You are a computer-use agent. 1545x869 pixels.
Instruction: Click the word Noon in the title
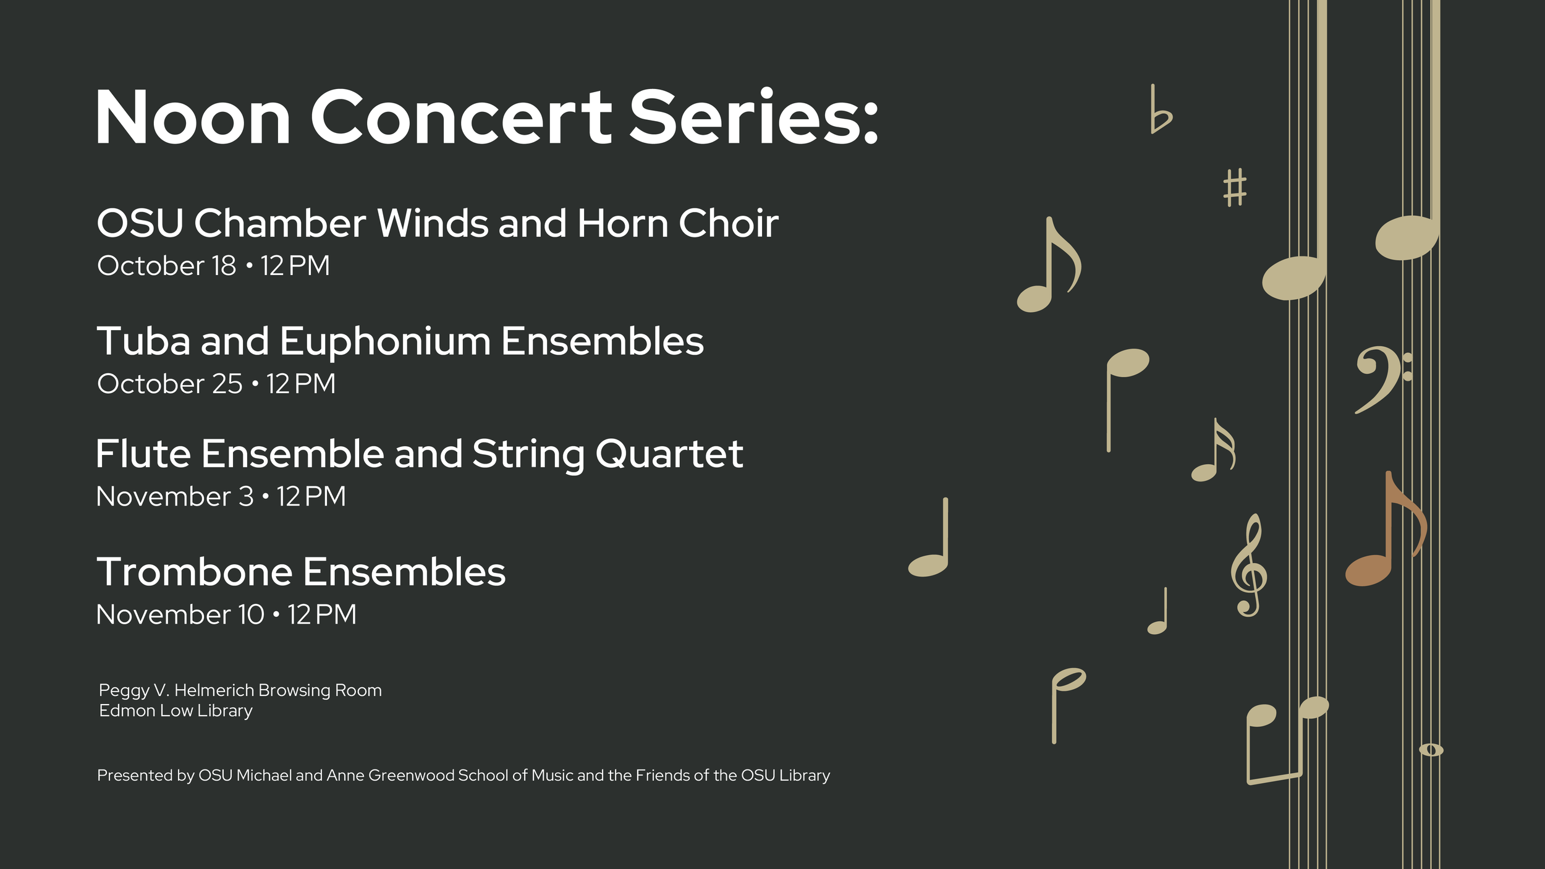pyautogui.click(x=193, y=117)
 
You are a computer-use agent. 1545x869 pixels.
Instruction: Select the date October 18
pyautogui.click(x=167, y=266)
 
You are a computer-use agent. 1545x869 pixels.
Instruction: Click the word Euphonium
pyautogui.click(x=385, y=342)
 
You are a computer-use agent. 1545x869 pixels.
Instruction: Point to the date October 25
pyautogui.click(x=170, y=384)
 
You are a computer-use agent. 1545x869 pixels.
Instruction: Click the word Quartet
pyautogui.click(x=669, y=454)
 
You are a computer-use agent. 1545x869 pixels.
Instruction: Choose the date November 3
pyautogui.click(x=175, y=496)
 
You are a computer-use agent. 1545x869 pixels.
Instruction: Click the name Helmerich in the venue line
pyautogui.click(x=214, y=690)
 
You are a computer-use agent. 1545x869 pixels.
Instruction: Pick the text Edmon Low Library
pyautogui.click(x=176, y=711)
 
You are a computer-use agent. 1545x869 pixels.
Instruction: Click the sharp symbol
pyautogui.click(x=1235, y=188)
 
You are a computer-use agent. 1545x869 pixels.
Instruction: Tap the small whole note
pyautogui.click(x=1431, y=750)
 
